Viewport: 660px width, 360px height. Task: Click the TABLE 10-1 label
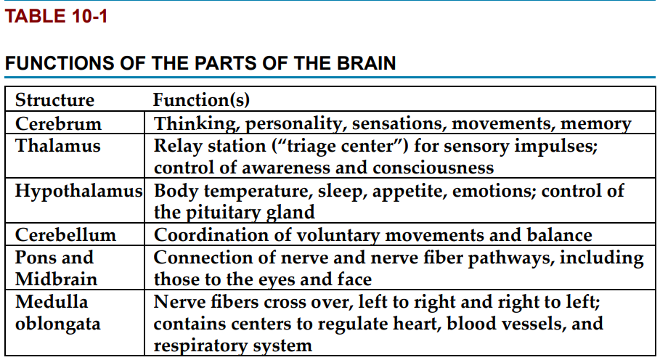56,16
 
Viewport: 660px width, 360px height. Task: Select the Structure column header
54,100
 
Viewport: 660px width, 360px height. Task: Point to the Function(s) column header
201,100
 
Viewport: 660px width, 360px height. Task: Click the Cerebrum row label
59,123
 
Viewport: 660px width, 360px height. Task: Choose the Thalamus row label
57,145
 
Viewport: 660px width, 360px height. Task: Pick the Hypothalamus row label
78,191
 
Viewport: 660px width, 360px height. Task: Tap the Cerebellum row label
65,234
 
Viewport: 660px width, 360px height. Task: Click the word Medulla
52,301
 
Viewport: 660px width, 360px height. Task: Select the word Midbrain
56,279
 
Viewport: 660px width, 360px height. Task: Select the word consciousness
433,168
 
